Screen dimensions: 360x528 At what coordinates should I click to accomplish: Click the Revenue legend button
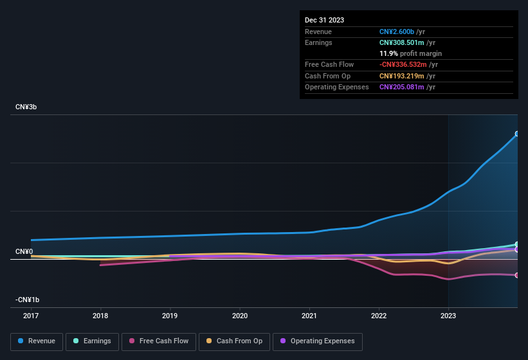(x=37, y=341)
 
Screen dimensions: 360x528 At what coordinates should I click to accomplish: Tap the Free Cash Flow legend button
(x=159, y=341)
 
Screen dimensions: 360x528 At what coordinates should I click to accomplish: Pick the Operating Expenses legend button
(x=318, y=341)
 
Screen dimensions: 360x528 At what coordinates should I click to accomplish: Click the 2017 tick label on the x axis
(x=31, y=316)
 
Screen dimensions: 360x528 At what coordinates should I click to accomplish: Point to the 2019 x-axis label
(x=170, y=316)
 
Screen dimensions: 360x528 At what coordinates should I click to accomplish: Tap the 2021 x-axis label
(x=309, y=316)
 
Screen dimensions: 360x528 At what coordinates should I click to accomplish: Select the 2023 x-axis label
(x=448, y=316)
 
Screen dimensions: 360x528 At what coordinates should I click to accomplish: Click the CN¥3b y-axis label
(x=26, y=107)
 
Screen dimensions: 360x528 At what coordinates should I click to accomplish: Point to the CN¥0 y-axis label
(x=24, y=251)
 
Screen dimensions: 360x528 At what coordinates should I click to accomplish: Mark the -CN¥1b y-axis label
(x=28, y=300)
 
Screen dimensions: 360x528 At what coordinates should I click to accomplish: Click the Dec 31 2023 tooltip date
(x=324, y=20)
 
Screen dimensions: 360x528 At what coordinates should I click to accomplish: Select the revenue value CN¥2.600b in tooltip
(x=397, y=32)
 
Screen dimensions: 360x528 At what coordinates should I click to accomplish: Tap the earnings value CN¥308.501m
(x=402, y=42)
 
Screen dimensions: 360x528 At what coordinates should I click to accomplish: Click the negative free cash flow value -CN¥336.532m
(x=403, y=65)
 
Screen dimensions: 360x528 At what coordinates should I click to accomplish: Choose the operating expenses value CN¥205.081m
(x=402, y=87)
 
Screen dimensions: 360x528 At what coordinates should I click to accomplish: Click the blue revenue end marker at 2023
(x=517, y=134)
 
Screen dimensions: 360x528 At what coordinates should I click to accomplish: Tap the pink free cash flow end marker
(x=517, y=275)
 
